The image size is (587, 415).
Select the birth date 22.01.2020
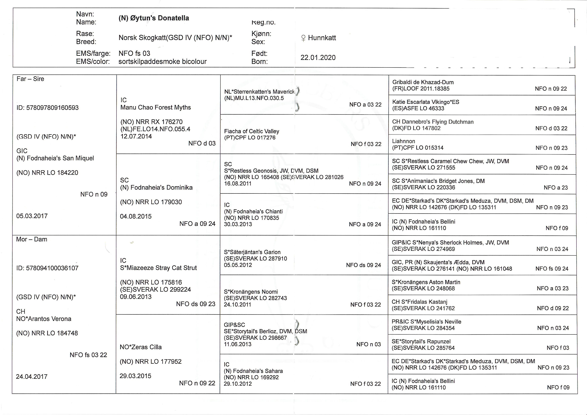coord(318,58)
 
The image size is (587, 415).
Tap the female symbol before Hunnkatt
coord(303,38)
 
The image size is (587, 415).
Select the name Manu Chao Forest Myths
coord(155,107)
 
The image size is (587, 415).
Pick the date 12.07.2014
coord(136,136)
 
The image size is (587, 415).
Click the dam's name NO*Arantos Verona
coord(44,319)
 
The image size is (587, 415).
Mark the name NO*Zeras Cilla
coord(141,347)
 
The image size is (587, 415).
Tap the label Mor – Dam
coord(31,239)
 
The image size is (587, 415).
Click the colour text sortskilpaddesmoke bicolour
coord(162,62)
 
